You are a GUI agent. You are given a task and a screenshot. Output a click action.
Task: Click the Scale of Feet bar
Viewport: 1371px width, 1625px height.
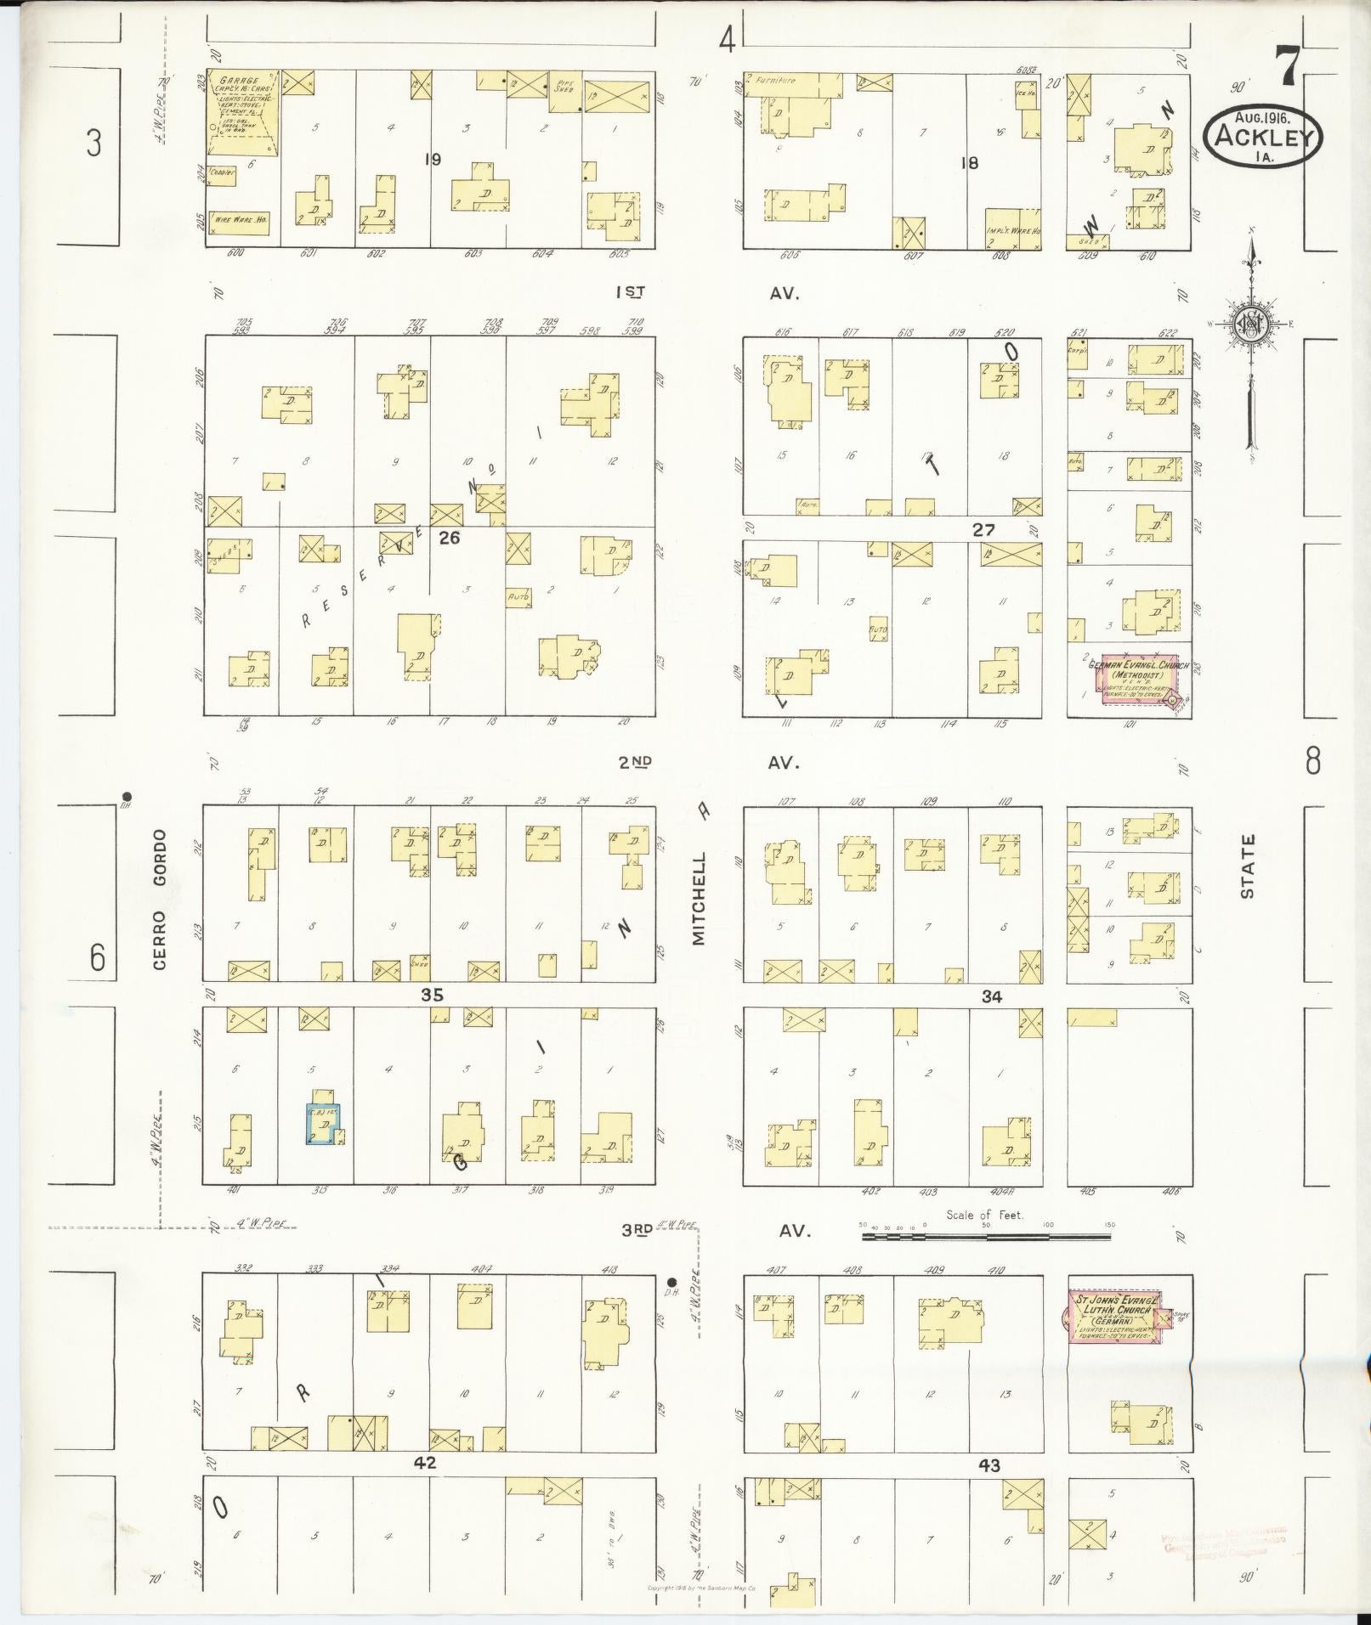986,1237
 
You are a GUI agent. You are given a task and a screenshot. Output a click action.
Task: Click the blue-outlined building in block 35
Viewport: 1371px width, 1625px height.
322,1124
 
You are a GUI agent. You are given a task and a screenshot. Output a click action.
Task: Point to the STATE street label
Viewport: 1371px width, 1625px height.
1247,866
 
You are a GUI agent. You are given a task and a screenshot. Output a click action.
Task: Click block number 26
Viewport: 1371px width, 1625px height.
449,536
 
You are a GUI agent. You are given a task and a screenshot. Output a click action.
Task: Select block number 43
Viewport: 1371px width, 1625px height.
989,1464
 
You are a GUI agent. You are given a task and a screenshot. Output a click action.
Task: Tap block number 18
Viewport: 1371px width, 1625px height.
969,162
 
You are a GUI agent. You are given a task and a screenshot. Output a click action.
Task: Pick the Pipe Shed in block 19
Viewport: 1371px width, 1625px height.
564,92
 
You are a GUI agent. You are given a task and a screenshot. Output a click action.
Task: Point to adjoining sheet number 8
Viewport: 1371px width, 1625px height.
1312,761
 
